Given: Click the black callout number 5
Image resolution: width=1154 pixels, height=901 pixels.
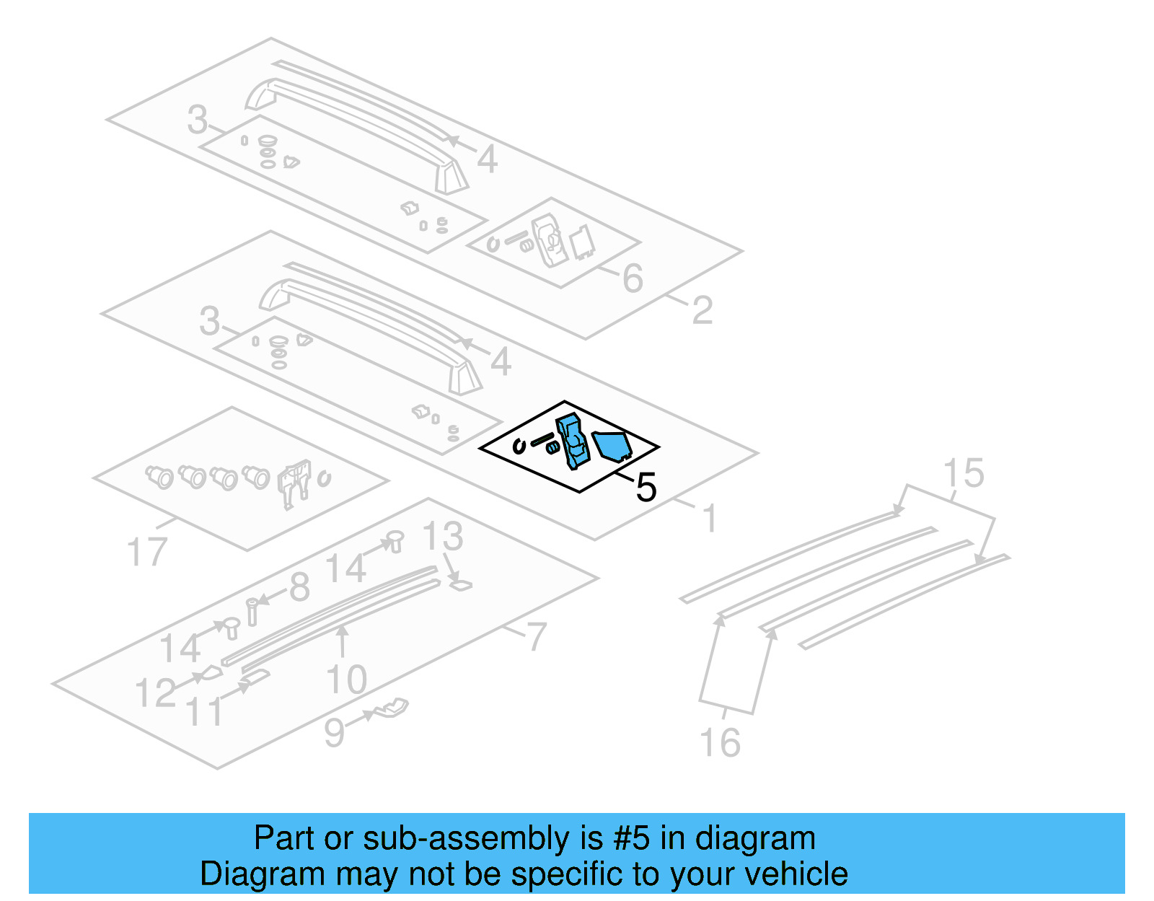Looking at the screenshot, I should pos(646,488).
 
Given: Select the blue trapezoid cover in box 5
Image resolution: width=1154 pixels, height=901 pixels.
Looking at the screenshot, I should pos(612,445).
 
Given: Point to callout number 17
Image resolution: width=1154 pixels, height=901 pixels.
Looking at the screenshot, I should pos(147,553).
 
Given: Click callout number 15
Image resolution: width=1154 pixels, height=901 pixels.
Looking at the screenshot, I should pos(964,473).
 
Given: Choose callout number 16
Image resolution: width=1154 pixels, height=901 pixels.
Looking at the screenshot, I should pos(720,742).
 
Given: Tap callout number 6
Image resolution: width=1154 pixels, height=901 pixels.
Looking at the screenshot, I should pos(633,278).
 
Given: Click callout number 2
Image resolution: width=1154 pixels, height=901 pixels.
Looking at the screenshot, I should pos(702,311).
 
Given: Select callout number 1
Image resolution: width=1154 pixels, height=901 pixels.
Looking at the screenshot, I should pos(710,519).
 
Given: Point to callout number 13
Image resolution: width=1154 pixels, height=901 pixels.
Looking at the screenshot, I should pos(442,537).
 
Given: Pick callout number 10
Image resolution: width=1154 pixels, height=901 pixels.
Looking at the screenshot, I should pos(347,680).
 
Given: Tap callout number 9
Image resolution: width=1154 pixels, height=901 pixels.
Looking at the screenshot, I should pos(334,732).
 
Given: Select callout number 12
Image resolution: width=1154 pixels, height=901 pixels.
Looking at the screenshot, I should pos(156,693).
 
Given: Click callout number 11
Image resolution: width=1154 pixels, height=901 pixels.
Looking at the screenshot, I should pos(206,711).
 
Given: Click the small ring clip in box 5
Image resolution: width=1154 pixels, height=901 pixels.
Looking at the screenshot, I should pos(519,446).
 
